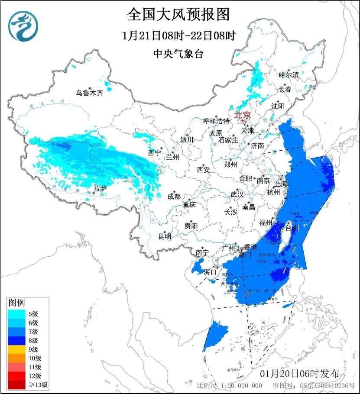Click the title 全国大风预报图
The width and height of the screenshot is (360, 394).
[178, 15]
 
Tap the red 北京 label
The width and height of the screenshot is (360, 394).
[242, 115]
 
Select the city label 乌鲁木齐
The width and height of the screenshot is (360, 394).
[90, 93]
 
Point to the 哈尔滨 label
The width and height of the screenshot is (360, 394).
[289, 75]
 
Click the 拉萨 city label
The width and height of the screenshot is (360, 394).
[100, 188]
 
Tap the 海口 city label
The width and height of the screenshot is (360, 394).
[210, 272]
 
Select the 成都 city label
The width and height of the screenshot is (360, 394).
[174, 196]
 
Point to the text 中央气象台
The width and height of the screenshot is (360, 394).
[178, 54]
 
